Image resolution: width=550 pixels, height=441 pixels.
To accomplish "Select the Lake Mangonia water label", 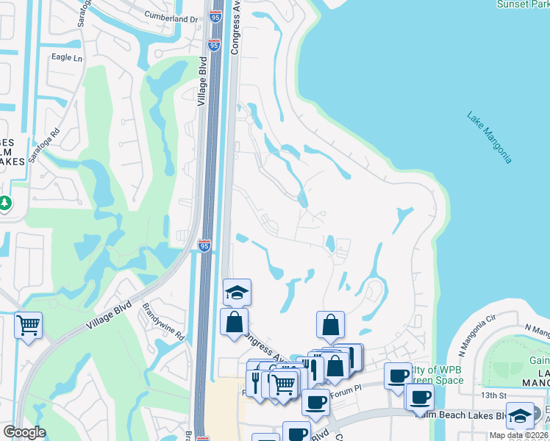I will (490, 137).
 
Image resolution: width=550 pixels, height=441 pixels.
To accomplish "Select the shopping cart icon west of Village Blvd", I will (28, 324).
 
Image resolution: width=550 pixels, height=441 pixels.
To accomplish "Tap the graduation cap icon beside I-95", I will (238, 293).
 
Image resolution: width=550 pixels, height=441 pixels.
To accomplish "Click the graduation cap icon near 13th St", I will (520, 415).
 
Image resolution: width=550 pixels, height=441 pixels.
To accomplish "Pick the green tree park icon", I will (5, 202).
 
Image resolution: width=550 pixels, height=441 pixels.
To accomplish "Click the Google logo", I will (24, 432).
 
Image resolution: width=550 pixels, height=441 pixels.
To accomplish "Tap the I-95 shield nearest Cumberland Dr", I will (214, 16).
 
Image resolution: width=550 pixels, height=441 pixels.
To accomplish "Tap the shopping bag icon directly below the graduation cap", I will (234, 322).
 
